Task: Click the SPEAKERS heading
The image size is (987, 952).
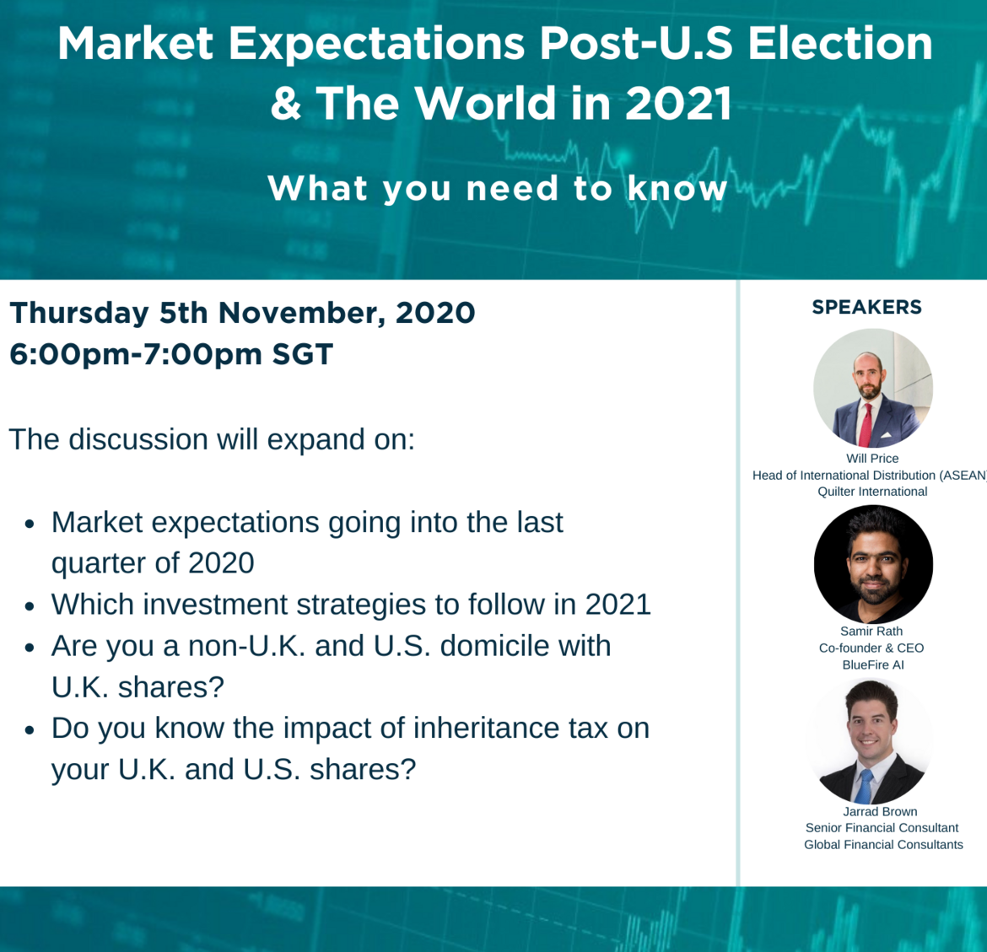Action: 866,307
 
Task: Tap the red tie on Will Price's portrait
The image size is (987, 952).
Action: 866,425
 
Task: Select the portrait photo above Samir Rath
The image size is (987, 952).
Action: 873,564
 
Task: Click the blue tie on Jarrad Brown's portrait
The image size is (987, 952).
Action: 865,786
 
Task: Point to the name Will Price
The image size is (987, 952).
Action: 872,459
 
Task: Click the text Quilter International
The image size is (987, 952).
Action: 872,492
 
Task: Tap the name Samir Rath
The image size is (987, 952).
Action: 871,631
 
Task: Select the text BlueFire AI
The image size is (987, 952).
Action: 873,665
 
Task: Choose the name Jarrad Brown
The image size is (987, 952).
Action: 880,812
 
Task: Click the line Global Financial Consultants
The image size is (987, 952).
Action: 883,844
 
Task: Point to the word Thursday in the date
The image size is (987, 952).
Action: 79,314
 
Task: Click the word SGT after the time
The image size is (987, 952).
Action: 302,354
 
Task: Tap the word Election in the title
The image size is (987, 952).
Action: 839,44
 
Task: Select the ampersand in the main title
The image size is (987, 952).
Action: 286,103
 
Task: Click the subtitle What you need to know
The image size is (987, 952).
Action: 497,188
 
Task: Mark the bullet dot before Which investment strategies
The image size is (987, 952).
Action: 30,606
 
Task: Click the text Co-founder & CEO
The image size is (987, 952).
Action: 871,648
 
